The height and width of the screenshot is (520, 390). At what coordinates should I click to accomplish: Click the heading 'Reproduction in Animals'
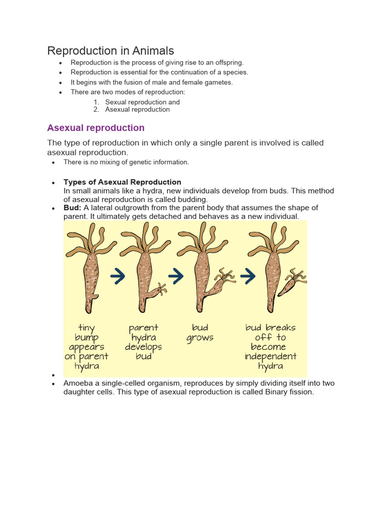click(111, 51)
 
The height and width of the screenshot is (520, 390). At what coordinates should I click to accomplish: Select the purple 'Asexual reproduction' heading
click(96, 128)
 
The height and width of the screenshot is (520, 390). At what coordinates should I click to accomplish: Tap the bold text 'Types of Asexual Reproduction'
click(122, 182)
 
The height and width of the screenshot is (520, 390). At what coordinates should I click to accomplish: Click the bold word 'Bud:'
click(73, 208)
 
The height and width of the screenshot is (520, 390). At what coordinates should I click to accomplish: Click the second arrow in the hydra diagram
click(175, 276)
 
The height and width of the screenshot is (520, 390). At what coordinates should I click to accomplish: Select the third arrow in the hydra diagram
click(248, 276)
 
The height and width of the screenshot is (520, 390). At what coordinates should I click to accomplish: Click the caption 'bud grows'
click(200, 333)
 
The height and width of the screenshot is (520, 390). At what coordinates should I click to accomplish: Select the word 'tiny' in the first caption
click(86, 328)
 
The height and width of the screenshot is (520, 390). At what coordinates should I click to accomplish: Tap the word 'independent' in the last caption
click(270, 356)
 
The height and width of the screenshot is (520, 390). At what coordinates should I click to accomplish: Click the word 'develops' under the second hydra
click(144, 347)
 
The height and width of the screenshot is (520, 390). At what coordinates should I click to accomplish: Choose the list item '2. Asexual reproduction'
click(137, 109)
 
